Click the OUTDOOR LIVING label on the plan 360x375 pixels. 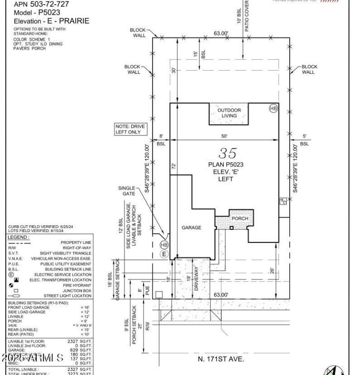click(x=229, y=113)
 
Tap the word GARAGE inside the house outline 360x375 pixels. click(x=191, y=228)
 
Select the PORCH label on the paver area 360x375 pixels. click(x=240, y=219)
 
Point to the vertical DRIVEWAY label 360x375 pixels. click(x=196, y=279)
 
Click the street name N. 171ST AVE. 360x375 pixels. click(x=221, y=359)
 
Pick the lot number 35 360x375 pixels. click(x=227, y=153)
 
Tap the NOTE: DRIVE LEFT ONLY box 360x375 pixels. click(x=130, y=129)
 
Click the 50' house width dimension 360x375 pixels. click(x=224, y=136)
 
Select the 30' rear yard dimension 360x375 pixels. click(x=174, y=71)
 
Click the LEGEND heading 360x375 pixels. click(x=18, y=237)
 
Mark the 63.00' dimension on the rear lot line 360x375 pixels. click(x=221, y=33)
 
